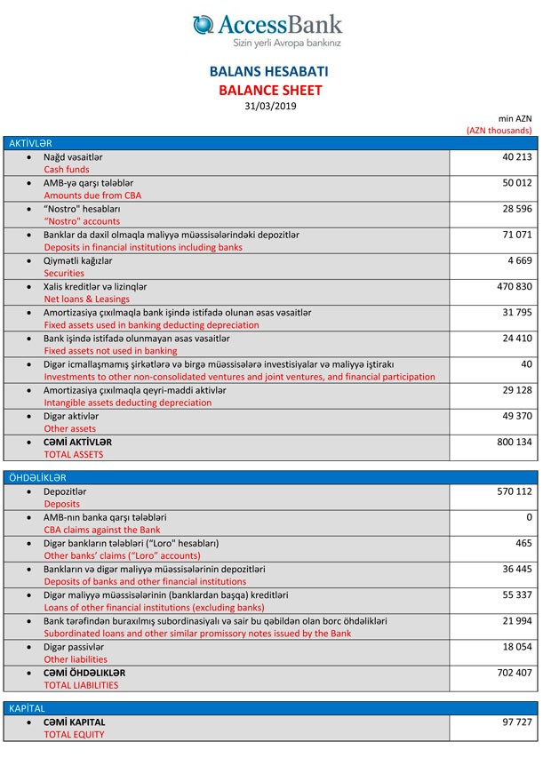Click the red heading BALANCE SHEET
click(270, 90)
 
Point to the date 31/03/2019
click(270, 106)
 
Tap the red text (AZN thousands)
click(499, 130)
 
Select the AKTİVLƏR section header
click(30, 143)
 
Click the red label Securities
click(64, 274)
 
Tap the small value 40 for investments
click(526, 364)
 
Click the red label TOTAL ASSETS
click(74, 454)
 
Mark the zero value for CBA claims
click(529, 517)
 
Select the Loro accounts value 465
click(523, 543)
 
